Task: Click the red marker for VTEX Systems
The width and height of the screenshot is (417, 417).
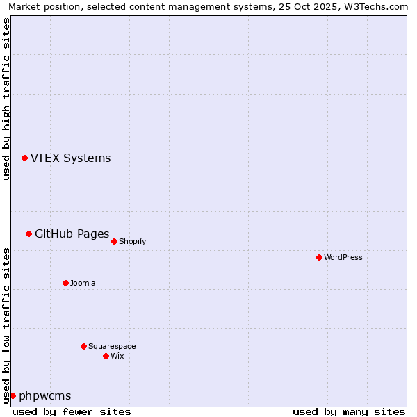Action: click(x=24, y=158)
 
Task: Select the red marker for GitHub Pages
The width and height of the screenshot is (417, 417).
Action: click(x=28, y=234)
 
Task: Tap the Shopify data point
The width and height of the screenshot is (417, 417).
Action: click(x=114, y=241)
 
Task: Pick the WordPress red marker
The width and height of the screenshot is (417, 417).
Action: click(x=319, y=257)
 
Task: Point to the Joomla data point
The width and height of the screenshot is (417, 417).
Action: click(x=65, y=283)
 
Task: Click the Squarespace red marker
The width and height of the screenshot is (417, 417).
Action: click(x=83, y=346)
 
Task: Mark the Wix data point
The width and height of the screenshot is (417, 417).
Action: click(x=106, y=356)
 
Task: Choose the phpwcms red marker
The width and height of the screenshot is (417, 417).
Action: click(x=13, y=395)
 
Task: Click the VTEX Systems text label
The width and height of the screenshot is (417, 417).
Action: click(x=70, y=158)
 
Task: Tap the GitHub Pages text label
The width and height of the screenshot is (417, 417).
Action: click(x=72, y=234)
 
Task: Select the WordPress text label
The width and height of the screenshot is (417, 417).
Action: click(x=343, y=257)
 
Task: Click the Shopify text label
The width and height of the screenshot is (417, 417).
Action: click(x=132, y=241)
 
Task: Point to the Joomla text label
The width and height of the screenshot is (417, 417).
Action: click(x=83, y=283)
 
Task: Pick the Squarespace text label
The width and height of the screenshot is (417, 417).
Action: click(x=112, y=346)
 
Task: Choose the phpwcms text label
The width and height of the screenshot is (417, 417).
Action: click(x=44, y=396)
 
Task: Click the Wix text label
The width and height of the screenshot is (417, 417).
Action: click(x=117, y=356)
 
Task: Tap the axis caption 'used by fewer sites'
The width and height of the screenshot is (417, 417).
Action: click(x=72, y=411)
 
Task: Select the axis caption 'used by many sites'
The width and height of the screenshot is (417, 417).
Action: click(x=349, y=411)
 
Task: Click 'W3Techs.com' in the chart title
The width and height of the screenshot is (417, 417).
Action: click(x=378, y=7)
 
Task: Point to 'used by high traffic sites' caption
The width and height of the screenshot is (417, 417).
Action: click(x=7, y=99)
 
